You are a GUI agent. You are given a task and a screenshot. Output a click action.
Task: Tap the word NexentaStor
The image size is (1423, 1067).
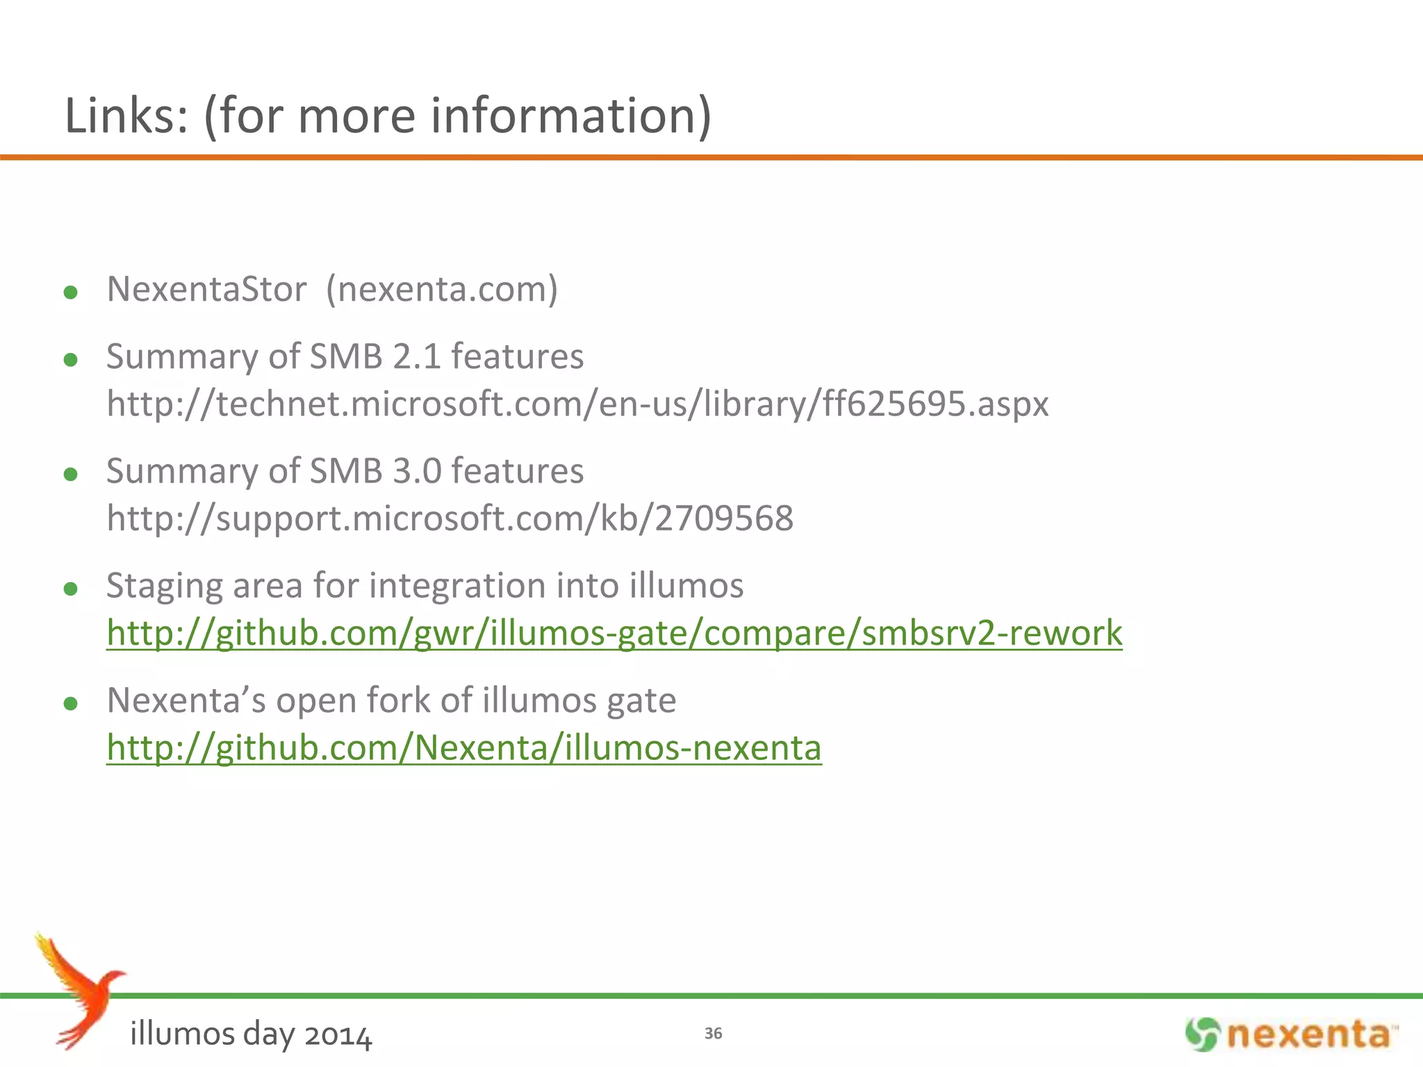tap(206, 289)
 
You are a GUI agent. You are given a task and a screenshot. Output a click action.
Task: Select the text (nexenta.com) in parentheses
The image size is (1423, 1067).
tap(442, 289)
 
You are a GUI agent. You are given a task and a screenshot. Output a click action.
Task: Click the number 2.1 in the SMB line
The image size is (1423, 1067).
tap(416, 357)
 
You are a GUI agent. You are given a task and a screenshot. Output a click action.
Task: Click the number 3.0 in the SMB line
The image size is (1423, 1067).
tap(417, 472)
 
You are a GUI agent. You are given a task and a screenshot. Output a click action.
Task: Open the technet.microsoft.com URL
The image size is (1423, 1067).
tap(577, 404)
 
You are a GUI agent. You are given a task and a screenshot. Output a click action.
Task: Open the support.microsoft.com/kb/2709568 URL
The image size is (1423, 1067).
tap(450, 519)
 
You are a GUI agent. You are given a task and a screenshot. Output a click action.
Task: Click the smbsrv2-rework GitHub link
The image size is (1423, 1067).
tap(614, 634)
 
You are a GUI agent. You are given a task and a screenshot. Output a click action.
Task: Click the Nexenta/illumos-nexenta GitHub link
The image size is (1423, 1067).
tap(463, 748)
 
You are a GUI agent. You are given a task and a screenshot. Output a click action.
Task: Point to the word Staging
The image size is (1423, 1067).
tap(163, 586)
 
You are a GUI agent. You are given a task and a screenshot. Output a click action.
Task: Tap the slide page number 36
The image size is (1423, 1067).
tap(713, 1034)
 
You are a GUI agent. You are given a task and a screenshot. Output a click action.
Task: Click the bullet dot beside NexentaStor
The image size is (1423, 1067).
tap(70, 292)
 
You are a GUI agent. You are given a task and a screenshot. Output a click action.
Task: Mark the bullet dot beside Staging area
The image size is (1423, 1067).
tap(70, 590)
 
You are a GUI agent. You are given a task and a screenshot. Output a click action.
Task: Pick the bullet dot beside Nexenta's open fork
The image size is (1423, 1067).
tap(70, 704)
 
